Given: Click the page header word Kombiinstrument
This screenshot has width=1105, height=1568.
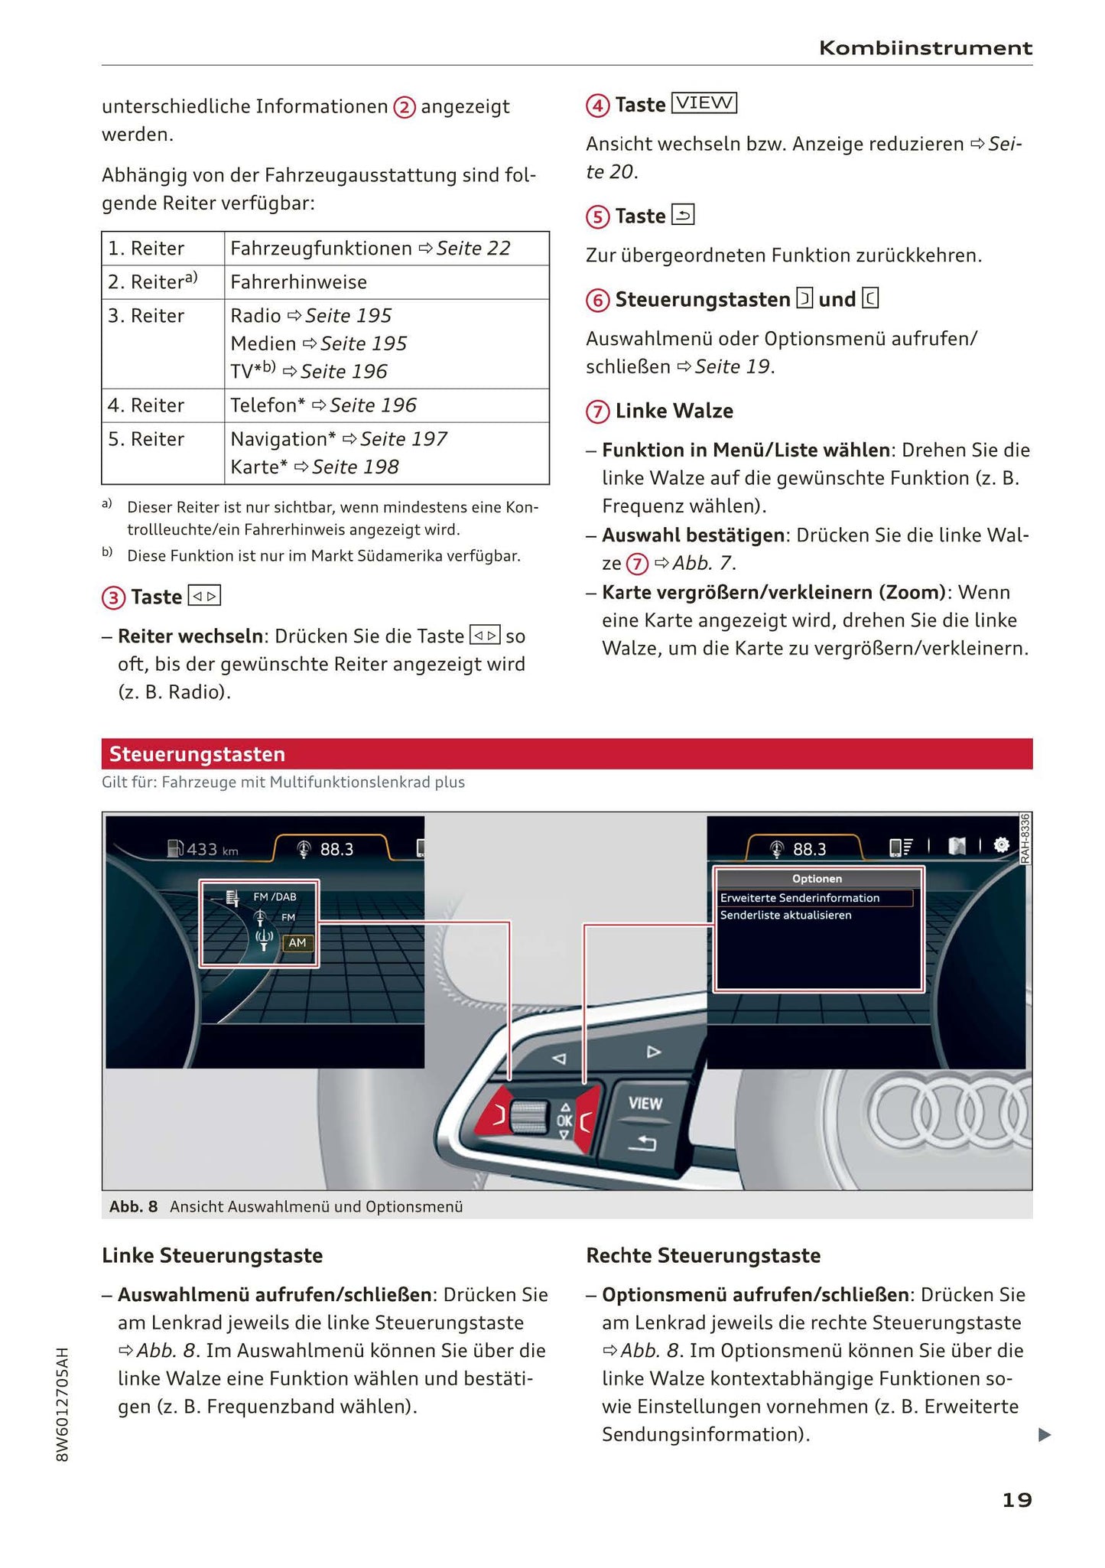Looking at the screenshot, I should (x=925, y=48).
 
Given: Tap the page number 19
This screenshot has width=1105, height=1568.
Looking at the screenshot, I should (x=1016, y=1500).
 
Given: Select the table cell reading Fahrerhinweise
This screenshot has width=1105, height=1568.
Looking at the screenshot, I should (x=298, y=282).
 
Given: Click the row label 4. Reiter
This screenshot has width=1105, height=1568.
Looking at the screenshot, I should (x=146, y=405).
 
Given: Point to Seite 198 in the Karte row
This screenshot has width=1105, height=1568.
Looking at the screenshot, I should (x=355, y=467).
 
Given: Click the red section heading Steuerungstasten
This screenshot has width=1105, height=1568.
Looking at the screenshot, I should (x=197, y=754).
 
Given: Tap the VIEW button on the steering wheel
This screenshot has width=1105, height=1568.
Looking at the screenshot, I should (x=645, y=1103).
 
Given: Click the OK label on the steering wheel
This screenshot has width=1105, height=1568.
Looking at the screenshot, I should (x=564, y=1121).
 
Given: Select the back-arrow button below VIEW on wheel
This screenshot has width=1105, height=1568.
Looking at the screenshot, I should (x=642, y=1143).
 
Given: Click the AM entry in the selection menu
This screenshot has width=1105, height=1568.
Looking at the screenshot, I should (x=297, y=943).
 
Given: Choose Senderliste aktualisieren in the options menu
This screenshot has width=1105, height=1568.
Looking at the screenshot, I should (x=785, y=916).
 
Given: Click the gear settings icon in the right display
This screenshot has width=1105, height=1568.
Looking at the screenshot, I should (x=1001, y=846).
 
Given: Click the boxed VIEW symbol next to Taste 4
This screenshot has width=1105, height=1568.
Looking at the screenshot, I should (x=704, y=103).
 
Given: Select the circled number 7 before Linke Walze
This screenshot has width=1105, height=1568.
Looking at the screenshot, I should (x=597, y=412).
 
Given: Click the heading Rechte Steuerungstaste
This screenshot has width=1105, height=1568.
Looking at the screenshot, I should (x=703, y=1256).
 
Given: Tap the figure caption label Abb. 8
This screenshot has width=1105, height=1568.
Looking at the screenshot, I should (x=133, y=1207).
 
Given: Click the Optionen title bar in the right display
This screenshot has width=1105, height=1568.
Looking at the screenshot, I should (x=817, y=879).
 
